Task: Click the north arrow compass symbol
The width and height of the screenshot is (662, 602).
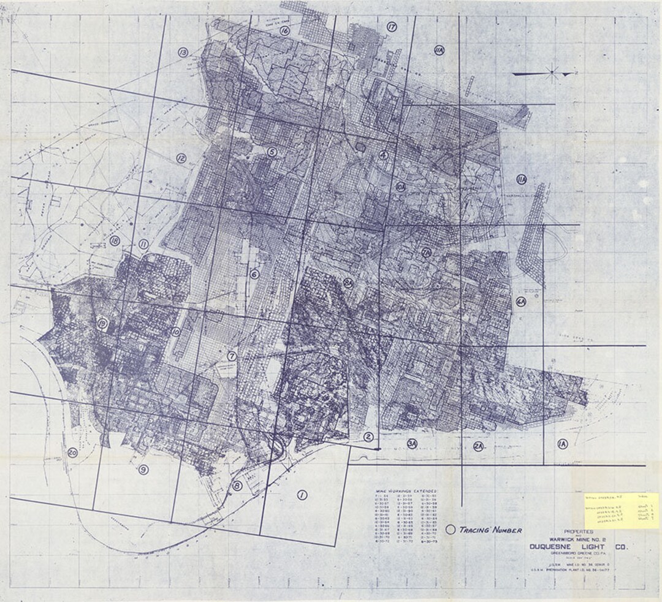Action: pyautogui.click(x=551, y=74)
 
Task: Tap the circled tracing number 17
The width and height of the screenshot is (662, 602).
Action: pyautogui.click(x=392, y=26)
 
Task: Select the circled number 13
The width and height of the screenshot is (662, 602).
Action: pyautogui.click(x=183, y=53)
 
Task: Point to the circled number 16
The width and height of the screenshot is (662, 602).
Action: pyautogui.click(x=284, y=30)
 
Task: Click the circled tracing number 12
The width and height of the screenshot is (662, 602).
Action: pyautogui.click(x=181, y=158)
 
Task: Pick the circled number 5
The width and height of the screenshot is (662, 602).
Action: pyautogui.click(x=272, y=151)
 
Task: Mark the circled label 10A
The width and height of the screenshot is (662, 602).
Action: pyautogui.click(x=400, y=185)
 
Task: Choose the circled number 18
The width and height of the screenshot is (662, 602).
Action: pyautogui.click(x=115, y=240)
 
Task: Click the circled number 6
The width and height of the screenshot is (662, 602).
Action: pyautogui.click(x=254, y=275)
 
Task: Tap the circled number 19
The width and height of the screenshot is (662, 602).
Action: pyautogui.click(x=102, y=324)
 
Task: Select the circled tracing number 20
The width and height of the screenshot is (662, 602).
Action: pyautogui.click(x=73, y=453)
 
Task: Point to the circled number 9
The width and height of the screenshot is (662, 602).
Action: pyautogui.click(x=143, y=470)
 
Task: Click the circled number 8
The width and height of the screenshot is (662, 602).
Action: pyautogui.click(x=237, y=486)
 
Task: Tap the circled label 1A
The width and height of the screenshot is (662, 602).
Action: pyautogui.click(x=562, y=443)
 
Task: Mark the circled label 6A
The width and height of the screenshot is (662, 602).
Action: pyautogui.click(x=521, y=302)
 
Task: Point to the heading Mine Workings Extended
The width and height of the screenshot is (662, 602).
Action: pyautogui.click(x=406, y=491)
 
